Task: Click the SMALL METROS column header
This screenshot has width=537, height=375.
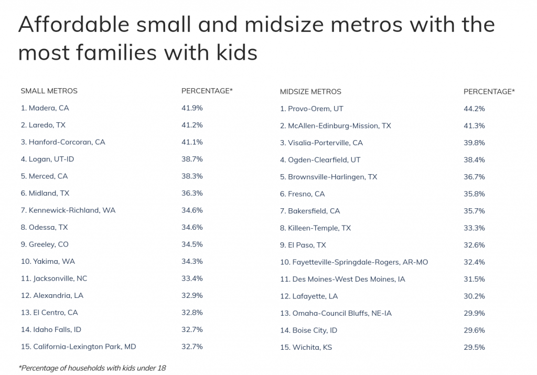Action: point(49,91)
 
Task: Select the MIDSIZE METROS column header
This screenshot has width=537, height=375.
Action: point(310,92)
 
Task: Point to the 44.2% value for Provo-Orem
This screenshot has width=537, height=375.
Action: point(474,109)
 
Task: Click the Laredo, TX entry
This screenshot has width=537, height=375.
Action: point(43,125)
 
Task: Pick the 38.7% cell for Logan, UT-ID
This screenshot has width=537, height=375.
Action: point(192,159)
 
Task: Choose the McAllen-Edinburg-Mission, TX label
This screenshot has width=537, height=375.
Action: point(336,126)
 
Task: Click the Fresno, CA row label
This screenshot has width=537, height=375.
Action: point(303,194)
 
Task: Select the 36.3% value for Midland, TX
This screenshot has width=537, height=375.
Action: point(192,193)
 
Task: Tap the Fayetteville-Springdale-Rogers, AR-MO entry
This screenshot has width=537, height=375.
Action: point(354,262)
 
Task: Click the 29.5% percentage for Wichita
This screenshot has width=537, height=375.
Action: point(474,347)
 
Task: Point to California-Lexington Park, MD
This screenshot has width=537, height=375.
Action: point(78,347)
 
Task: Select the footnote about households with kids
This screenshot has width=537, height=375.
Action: point(92,368)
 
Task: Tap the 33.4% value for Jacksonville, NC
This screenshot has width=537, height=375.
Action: point(192,278)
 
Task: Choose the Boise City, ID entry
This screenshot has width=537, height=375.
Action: point(308,330)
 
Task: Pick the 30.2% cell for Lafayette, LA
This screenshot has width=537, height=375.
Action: point(474,296)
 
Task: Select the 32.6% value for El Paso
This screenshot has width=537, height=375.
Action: point(474,245)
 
